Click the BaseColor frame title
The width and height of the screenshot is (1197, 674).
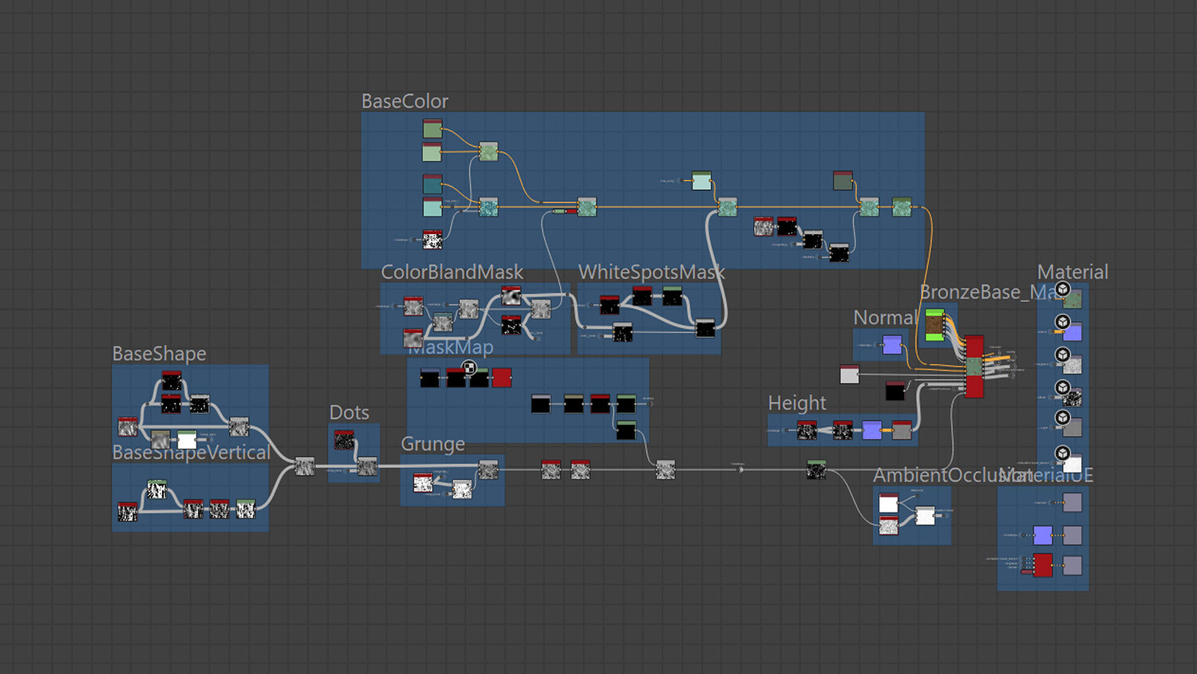pos(405,101)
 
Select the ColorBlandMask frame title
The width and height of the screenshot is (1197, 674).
pos(452,272)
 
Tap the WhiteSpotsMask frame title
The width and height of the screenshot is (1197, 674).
pos(651,272)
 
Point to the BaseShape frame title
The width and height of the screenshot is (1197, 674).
pos(159,354)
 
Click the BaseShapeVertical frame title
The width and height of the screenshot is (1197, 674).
pos(191,453)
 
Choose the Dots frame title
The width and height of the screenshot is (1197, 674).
pos(350,413)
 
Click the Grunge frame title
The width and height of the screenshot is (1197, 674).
pos(433,444)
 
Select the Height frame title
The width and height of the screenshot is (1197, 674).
pos(796,403)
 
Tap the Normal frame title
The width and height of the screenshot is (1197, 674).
pos(884,318)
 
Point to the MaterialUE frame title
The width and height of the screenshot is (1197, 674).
pos(1053,476)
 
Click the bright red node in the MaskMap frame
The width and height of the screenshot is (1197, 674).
pos(502,378)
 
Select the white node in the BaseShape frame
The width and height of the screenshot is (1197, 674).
pos(187,440)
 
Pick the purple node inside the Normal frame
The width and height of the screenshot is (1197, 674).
pos(892,345)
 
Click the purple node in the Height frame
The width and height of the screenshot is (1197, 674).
pos(872,430)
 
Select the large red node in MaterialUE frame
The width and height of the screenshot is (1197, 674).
pos(1043,565)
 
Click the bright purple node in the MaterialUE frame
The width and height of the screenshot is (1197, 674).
pos(1043,535)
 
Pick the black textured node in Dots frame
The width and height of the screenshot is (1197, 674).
pos(344,440)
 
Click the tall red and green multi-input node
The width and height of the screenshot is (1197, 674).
pos(974,367)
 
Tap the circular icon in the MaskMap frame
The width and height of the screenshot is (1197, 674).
pos(469,368)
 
